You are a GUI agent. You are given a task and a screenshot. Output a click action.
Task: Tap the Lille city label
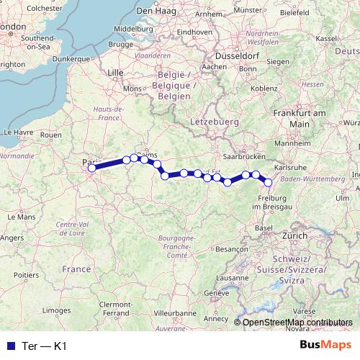115,72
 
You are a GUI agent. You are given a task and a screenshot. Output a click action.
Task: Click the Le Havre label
19,132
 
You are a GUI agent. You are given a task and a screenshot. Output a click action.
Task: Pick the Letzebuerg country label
215,122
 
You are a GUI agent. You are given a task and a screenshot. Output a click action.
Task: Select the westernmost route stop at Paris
91,168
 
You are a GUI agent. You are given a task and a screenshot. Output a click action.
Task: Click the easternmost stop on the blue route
269,182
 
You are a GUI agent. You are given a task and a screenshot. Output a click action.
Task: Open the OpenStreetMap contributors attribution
297,322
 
